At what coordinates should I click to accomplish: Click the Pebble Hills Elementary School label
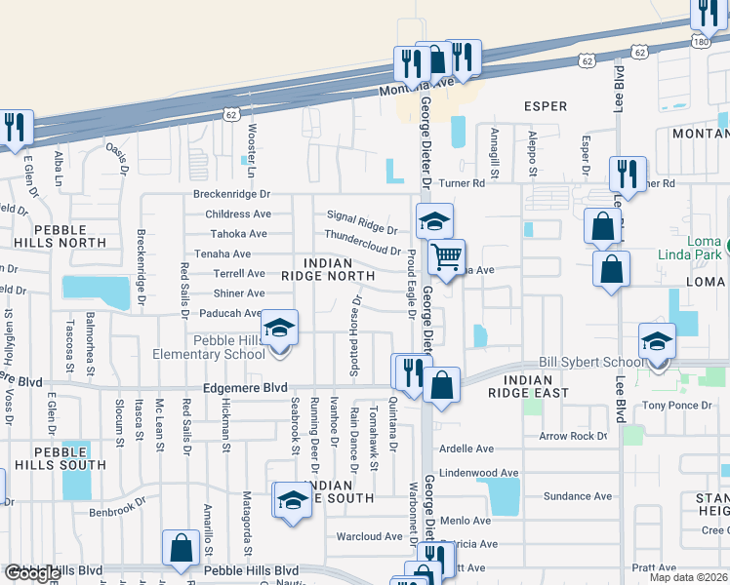tap(208, 346)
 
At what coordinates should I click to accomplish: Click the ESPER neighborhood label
tap(545, 105)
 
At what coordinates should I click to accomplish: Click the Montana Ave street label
tap(418, 84)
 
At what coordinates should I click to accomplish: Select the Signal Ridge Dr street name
tap(362, 223)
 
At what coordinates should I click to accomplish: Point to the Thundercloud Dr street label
tap(362, 243)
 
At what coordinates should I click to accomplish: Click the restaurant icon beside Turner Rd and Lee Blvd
tap(627, 175)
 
